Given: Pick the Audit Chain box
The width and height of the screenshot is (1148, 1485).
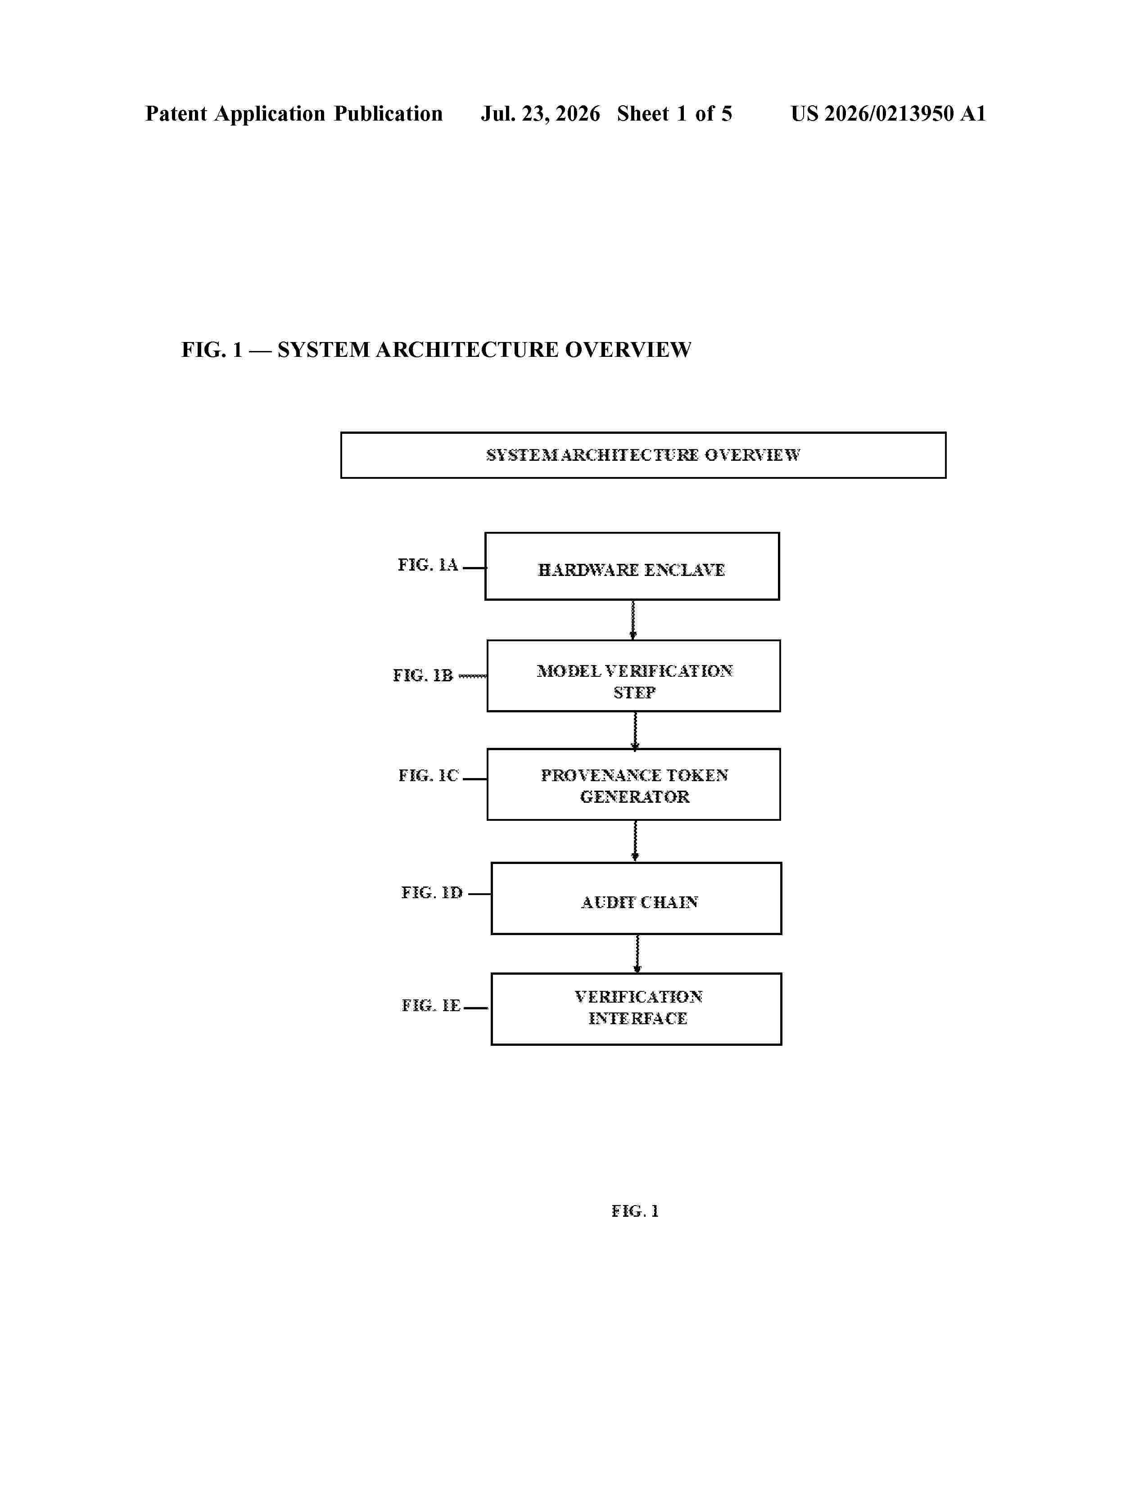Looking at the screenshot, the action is point(636,898).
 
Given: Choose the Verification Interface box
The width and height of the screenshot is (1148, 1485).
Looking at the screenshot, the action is point(636,1008).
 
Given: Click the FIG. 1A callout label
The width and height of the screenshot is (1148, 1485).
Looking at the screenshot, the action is point(428,565).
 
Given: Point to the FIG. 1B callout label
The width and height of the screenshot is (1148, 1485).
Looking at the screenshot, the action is point(422,675).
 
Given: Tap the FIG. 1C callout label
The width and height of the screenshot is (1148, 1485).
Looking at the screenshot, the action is point(429,775).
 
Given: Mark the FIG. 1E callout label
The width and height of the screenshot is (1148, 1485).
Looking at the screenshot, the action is point(431,1005).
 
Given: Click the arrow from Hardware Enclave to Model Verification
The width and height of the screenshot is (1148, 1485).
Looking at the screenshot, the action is point(633,620).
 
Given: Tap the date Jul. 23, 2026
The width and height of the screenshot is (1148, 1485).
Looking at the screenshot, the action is point(541,113).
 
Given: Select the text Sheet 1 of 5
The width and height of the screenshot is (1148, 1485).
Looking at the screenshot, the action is point(675,113).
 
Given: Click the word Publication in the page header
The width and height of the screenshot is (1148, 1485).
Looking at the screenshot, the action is point(389,113).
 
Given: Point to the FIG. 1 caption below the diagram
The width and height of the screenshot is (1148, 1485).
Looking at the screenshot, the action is point(634,1211).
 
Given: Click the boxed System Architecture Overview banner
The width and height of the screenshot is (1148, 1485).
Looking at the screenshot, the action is point(643,455).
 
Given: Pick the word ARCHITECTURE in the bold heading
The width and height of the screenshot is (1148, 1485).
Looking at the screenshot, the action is point(466,350).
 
